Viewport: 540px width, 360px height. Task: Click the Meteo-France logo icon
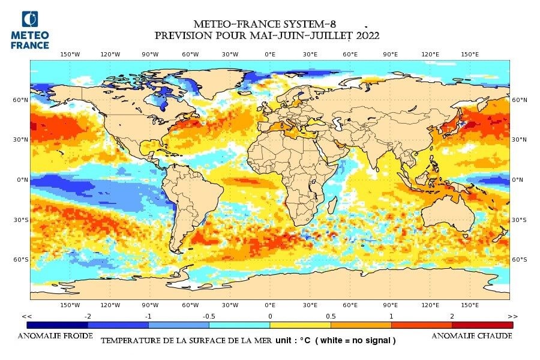[29, 20]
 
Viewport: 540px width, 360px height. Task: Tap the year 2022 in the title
[365, 36]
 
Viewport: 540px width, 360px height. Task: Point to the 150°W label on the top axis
[70, 54]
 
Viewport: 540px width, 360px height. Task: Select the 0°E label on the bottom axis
[270, 305]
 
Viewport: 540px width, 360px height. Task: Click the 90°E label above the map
[390, 54]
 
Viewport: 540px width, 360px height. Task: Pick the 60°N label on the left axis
[21, 100]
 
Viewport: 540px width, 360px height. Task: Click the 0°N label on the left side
[22, 179]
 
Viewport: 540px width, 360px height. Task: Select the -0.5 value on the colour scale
[209, 316]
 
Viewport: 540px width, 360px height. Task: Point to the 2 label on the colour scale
[452, 316]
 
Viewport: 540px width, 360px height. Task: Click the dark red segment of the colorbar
[482, 325]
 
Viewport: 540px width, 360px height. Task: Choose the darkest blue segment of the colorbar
[57, 325]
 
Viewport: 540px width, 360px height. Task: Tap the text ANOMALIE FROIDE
[55, 336]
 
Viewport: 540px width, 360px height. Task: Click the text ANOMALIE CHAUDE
[472, 336]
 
